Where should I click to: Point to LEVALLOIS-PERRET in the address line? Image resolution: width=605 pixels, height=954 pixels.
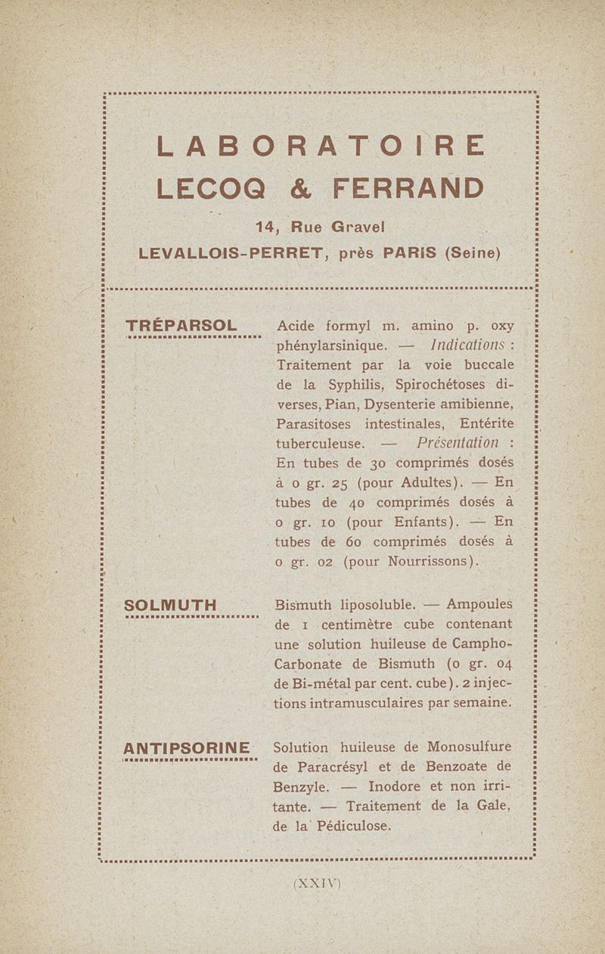(232, 252)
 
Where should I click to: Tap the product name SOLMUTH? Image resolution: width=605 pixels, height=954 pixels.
(171, 606)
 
